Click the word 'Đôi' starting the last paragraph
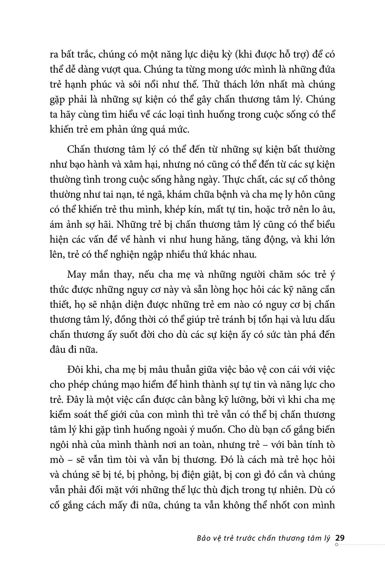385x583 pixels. [x=76, y=369]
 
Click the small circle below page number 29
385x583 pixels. [x=337, y=544]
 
